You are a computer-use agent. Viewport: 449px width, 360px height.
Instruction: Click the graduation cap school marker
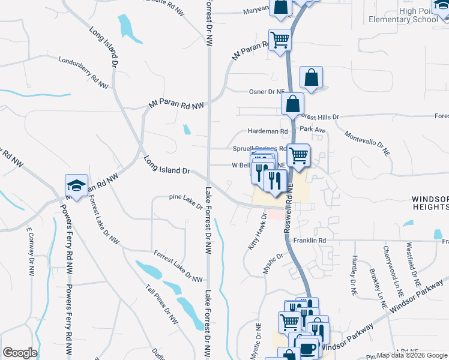click(x=76, y=185)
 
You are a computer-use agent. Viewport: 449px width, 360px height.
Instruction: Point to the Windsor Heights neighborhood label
click(x=430, y=202)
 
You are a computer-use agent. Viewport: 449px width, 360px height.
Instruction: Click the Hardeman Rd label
click(x=268, y=131)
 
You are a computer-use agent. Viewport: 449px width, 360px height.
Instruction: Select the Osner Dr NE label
click(x=267, y=92)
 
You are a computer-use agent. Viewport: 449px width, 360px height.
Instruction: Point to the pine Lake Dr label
click(x=186, y=201)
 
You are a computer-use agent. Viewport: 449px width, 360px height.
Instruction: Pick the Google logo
click(x=20, y=353)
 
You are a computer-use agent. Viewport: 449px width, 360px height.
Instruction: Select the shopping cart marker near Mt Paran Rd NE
click(x=280, y=41)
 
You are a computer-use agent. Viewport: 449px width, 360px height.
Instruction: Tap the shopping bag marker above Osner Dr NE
click(x=312, y=77)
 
